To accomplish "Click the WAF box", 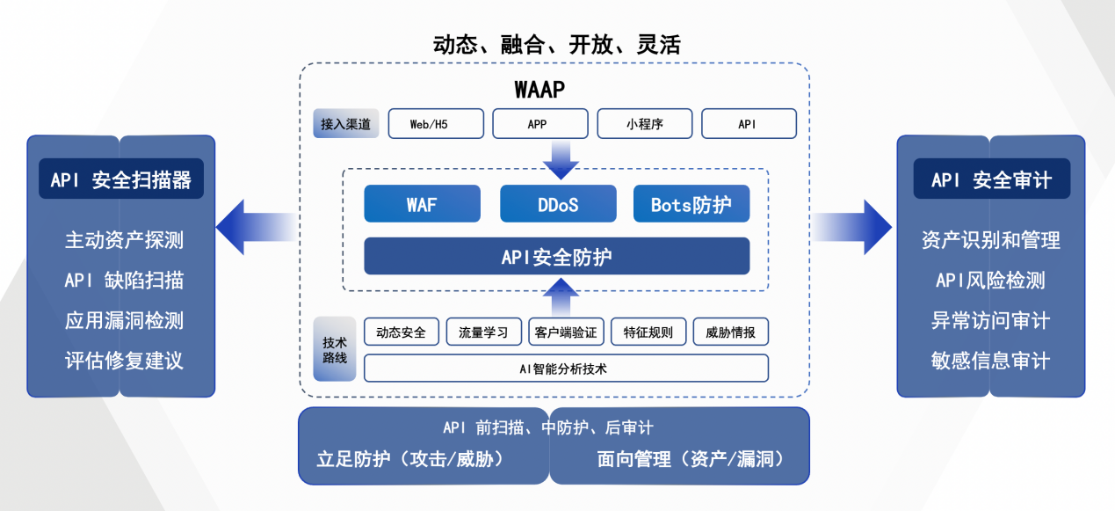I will point(422,204).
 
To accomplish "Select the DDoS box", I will point(558,204).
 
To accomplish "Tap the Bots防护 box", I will point(691,204).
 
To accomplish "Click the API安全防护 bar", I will point(556,256).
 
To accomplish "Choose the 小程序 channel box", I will point(644,124).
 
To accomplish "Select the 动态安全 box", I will point(401,332).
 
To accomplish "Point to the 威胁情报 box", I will point(730,332).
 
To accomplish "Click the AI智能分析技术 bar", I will point(565,368).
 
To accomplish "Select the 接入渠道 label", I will point(345,124).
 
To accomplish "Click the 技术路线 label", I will point(335,349).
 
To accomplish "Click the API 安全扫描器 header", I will point(120,179).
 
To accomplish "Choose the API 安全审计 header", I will point(991,179).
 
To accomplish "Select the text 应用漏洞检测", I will point(124,321).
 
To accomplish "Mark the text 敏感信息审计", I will point(990,361).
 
